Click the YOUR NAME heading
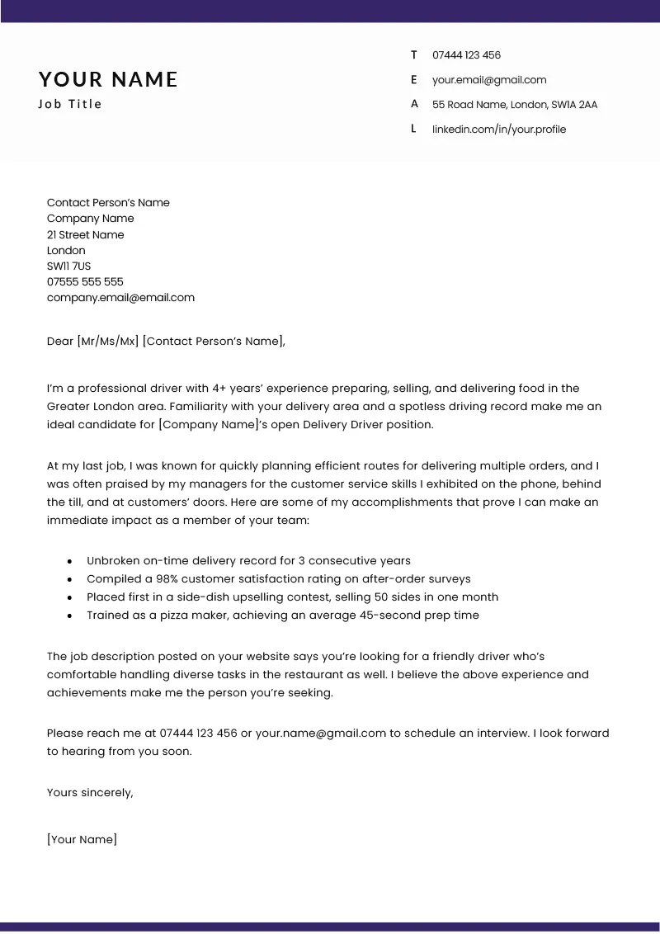point(108,79)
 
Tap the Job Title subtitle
point(70,104)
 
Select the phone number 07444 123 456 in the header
point(466,55)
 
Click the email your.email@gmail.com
point(489,80)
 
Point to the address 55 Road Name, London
point(514,105)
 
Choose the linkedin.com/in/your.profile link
point(499,130)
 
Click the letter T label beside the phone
point(414,55)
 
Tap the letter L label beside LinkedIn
point(413,130)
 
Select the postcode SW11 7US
point(68,267)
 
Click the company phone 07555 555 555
point(85,282)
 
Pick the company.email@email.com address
point(120,298)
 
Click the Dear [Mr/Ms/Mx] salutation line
point(166,341)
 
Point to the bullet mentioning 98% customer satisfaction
point(278,579)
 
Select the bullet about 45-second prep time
point(282,616)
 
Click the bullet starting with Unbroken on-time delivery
point(248,561)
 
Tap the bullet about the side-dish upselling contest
point(292,597)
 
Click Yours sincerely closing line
point(90,792)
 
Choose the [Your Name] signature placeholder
point(82,839)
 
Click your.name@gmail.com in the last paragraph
point(321,733)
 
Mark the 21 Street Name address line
point(85,235)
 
